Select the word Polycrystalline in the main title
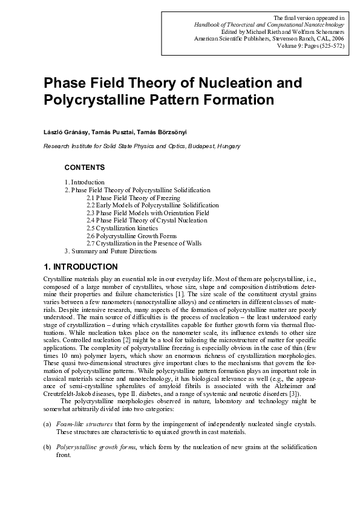pyautogui.click(x=90, y=99)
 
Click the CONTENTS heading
pyautogui.click(x=85, y=167)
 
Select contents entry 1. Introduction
pyautogui.click(x=85, y=182)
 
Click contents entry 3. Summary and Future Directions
pyautogui.click(x=111, y=251)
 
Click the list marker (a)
pyautogui.click(x=47, y=426)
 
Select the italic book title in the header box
pyautogui.click(x=269, y=24)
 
